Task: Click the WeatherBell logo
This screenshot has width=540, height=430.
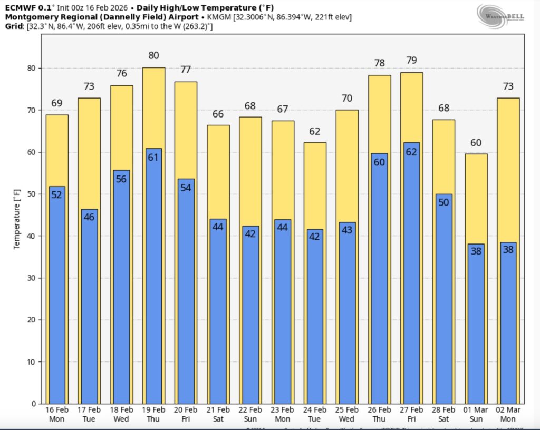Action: (502, 16)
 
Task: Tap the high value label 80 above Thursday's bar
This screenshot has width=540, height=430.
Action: (153, 55)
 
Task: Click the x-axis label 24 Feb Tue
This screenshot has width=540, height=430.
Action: (315, 414)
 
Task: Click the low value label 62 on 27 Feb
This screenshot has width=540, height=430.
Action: (411, 153)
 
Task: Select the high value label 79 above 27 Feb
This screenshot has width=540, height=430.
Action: (411, 60)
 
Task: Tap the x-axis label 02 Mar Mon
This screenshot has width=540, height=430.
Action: (508, 414)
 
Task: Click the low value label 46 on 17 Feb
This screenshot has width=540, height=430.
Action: (89, 217)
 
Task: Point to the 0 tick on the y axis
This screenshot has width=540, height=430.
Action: (33, 404)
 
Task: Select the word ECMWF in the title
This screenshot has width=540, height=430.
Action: (20, 7)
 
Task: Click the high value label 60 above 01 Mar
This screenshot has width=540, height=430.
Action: (476, 143)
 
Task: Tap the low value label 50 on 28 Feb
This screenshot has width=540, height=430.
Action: (443, 202)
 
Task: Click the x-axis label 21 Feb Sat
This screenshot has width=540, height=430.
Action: (218, 414)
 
